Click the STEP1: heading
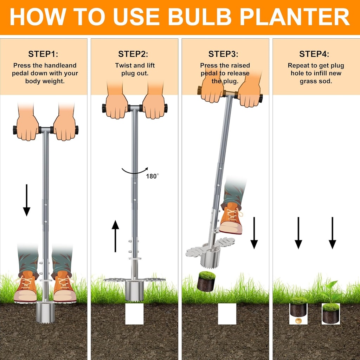[43, 54]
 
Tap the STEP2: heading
[133, 54]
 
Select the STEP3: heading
[223, 54]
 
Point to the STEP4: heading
[314, 54]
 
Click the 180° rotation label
[152, 176]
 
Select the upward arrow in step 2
[115, 236]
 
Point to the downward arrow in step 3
[254, 233]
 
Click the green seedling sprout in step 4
[330, 291]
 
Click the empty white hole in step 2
[134, 314]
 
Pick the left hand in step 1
[27, 127]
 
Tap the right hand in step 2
[153, 106]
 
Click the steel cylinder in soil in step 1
[45, 313]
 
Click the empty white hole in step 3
[227, 314]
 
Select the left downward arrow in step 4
[298, 233]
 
